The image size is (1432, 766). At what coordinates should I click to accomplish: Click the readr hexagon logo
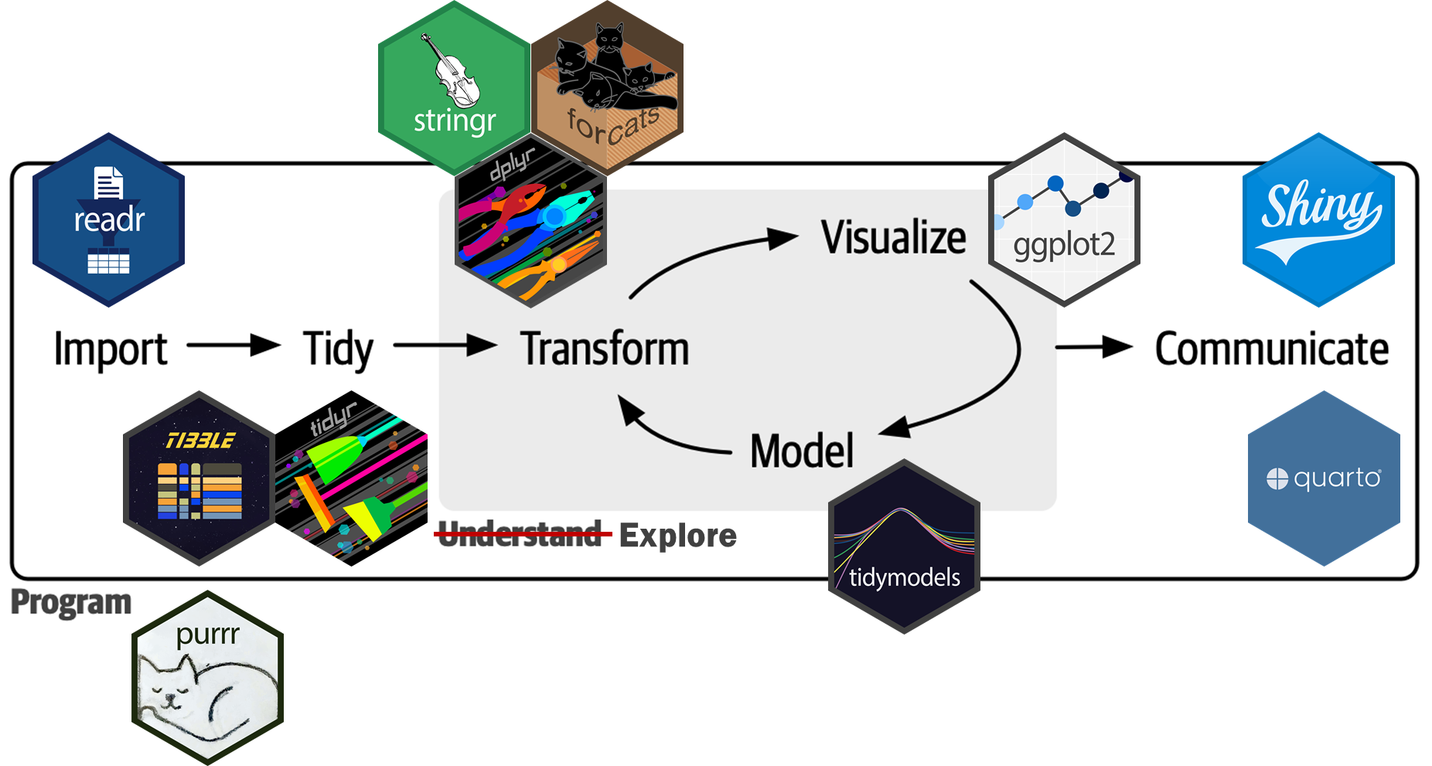[108, 220]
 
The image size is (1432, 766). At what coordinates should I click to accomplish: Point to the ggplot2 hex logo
[1064, 220]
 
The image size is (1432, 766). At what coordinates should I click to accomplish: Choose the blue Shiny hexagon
[1318, 220]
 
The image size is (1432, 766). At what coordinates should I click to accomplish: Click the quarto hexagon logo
[1324, 478]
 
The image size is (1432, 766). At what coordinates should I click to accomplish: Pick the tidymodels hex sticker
[904, 546]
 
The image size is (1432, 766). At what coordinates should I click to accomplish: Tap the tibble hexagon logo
[199, 478]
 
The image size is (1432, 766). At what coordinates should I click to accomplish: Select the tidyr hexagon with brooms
[352, 478]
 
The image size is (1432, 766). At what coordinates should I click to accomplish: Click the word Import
[111, 349]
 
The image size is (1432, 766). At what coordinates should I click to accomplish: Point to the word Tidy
[338, 349]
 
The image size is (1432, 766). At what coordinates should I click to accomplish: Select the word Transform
[605, 349]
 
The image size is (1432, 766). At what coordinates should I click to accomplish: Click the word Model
[802, 451]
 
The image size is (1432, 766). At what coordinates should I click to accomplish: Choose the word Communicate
[1271, 349]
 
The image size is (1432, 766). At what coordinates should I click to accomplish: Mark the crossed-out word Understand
[520, 534]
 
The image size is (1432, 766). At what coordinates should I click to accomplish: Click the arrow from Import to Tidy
[233, 345]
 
